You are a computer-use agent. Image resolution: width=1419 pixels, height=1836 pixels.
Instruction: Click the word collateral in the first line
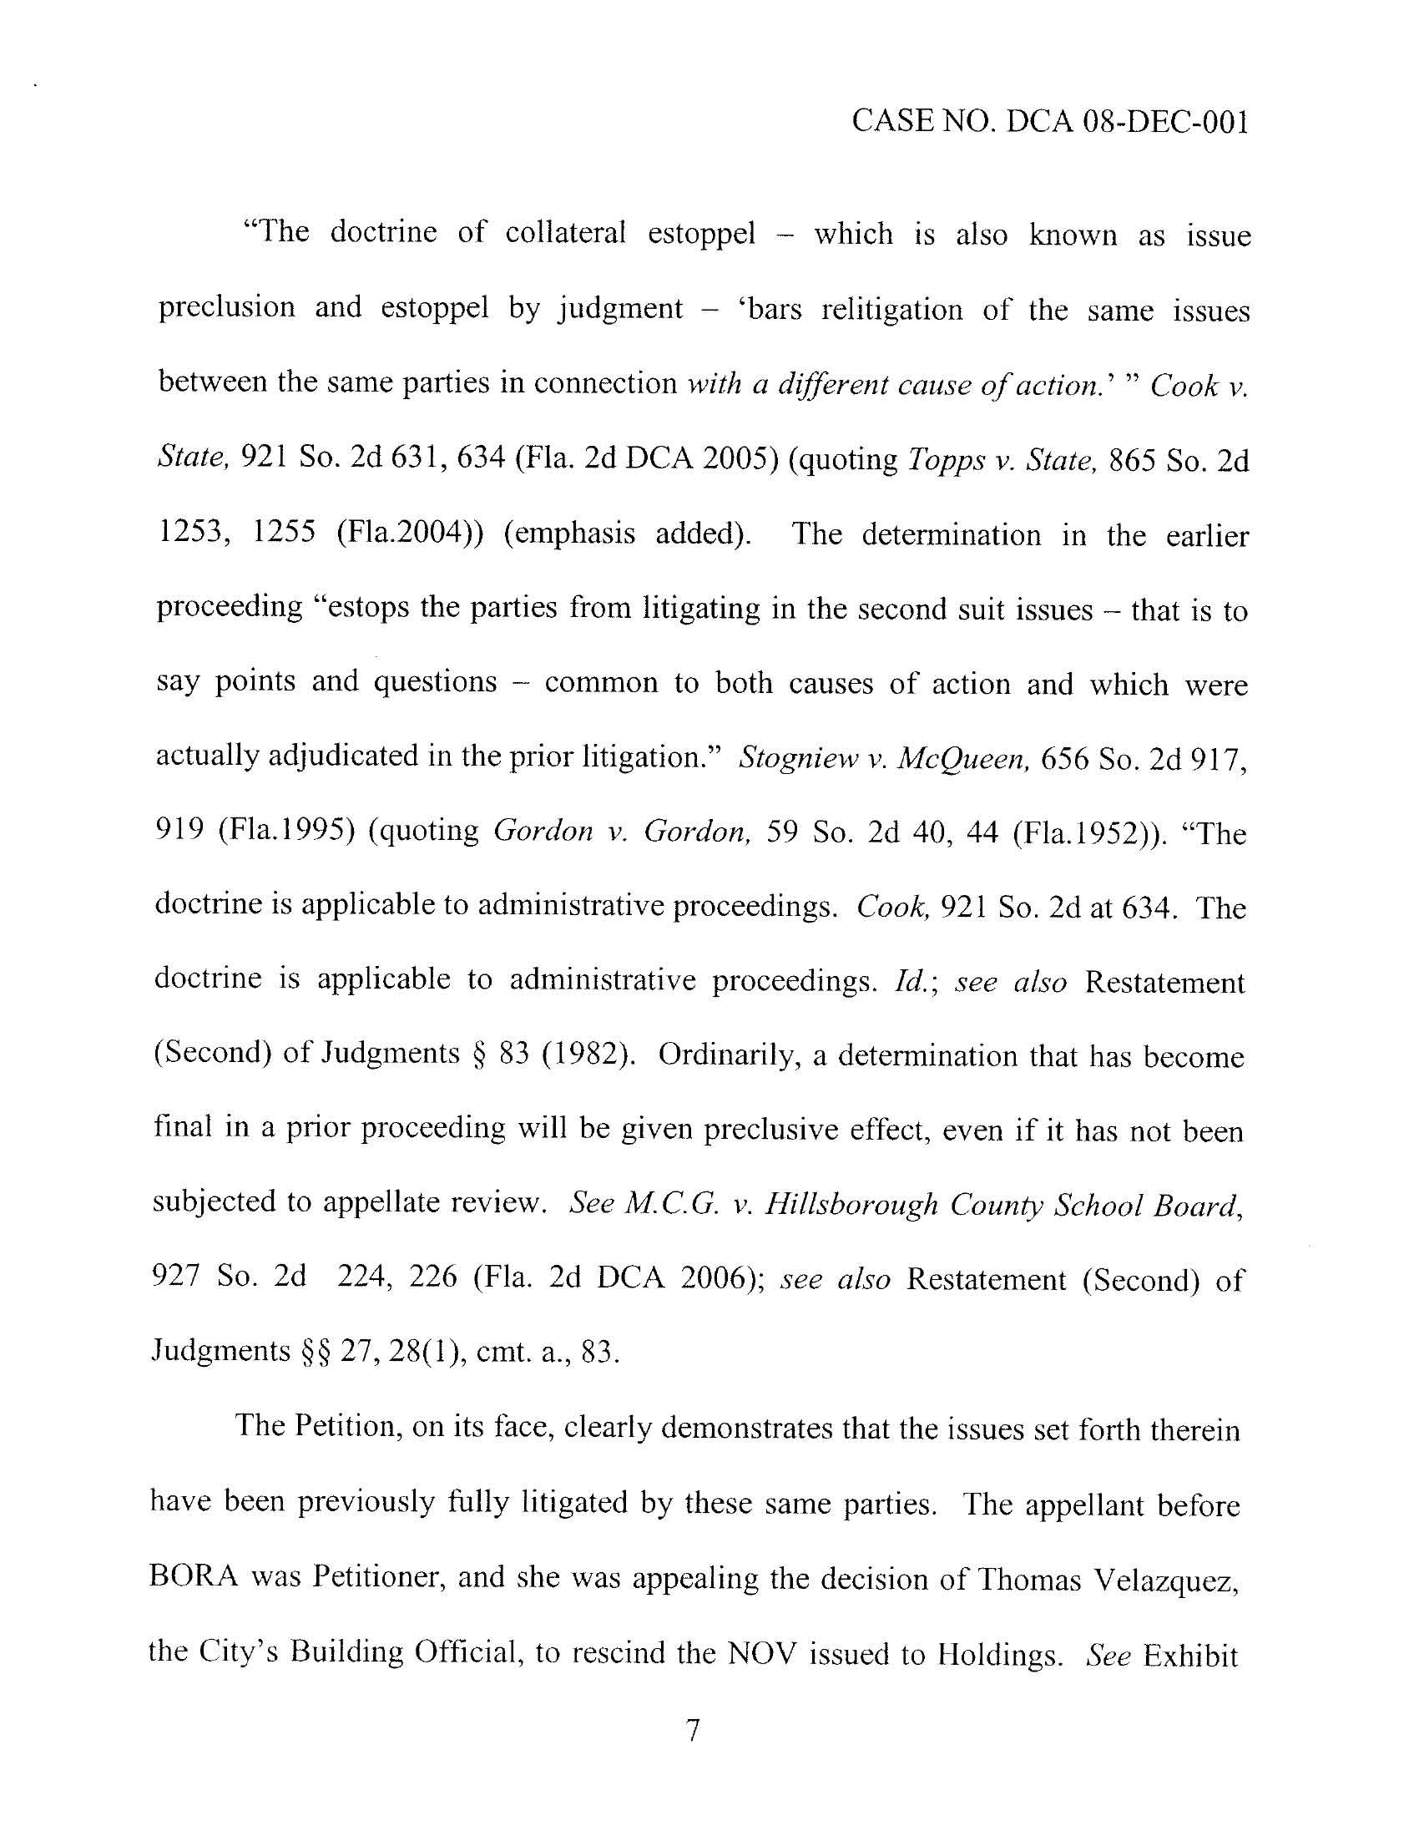(x=565, y=233)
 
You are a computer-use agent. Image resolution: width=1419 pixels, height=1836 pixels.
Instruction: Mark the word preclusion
(x=227, y=308)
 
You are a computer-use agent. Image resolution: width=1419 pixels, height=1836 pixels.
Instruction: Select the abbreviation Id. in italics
(x=911, y=981)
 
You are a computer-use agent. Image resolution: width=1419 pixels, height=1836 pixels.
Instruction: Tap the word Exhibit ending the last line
(x=1191, y=1656)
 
